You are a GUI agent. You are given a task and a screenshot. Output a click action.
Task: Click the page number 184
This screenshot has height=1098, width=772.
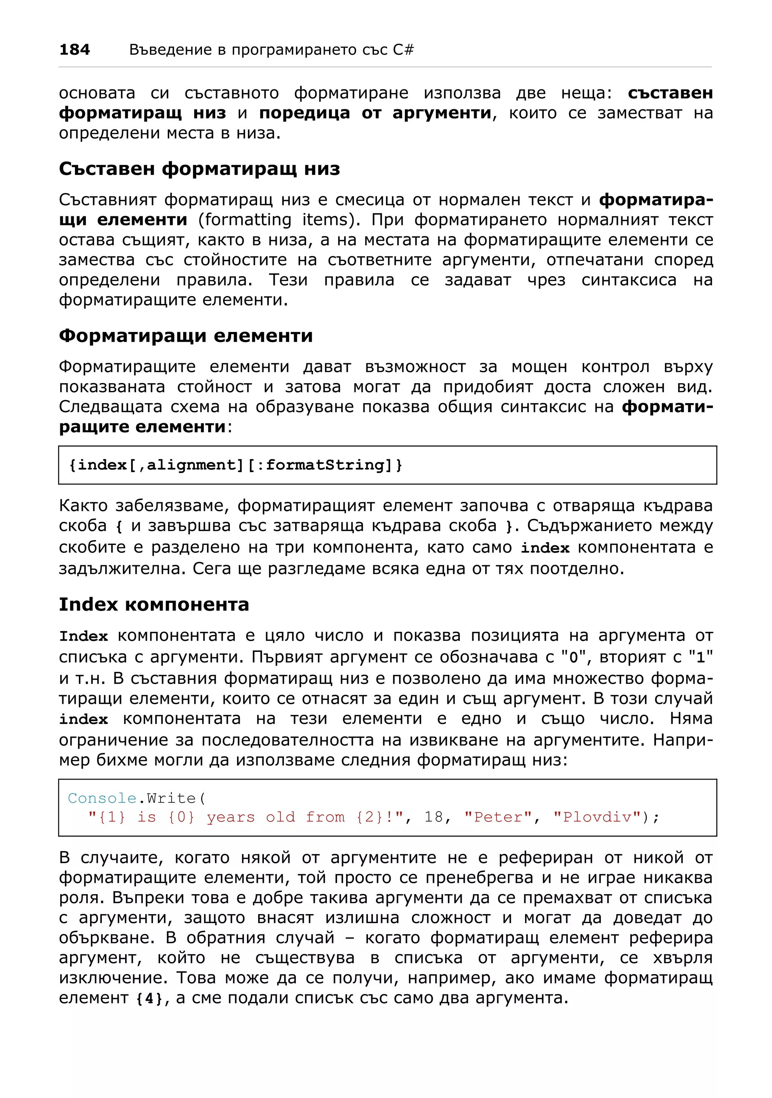[x=74, y=50]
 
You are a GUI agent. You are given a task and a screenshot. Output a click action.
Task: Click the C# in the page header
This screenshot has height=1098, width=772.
[x=403, y=50]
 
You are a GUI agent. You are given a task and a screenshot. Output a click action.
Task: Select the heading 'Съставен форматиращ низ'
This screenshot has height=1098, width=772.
[x=199, y=169]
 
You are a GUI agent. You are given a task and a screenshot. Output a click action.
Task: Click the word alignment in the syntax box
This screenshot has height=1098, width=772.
[x=192, y=465]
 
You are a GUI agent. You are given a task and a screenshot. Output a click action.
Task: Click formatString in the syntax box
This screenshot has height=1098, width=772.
[x=325, y=465]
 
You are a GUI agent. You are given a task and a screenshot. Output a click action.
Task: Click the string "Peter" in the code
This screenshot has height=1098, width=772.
[x=498, y=817]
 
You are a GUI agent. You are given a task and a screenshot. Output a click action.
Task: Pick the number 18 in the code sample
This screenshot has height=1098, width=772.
[x=433, y=817]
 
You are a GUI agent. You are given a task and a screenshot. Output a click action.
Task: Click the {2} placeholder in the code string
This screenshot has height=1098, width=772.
[x=369, y=817]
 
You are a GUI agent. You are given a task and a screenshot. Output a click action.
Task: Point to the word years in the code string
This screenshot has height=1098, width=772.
[x=231, y=817]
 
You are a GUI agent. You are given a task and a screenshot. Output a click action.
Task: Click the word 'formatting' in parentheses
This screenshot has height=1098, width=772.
[x=244, y=220]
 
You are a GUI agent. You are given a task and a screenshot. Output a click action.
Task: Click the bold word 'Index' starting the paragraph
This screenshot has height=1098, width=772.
[x=83, y=636]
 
